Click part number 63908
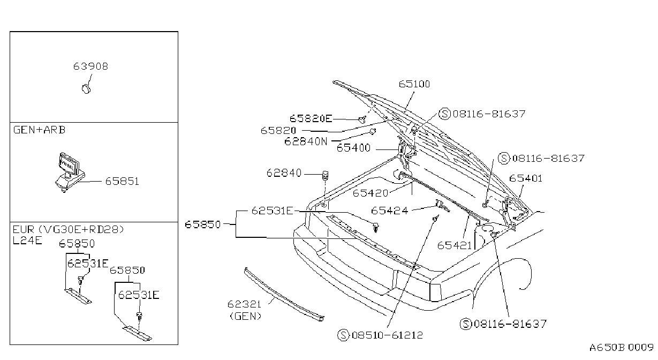click(90, 66)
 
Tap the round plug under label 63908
click(86, 89)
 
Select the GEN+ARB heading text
click(40, 130)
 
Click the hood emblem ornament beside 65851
click(71, 172)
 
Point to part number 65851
click(122, 181)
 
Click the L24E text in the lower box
click(28, 241)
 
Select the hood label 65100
click(414, 84)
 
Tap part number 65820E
click(311, 118)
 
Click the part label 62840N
click(306, 141)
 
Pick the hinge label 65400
click(353, 148)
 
